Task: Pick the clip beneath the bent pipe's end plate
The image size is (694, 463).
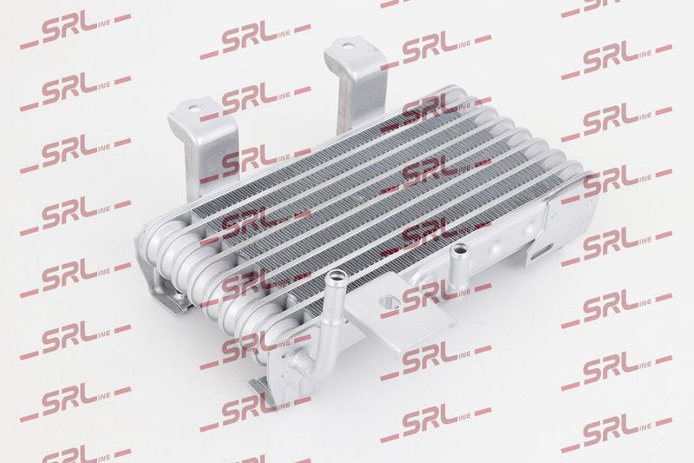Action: tap(262, 387)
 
